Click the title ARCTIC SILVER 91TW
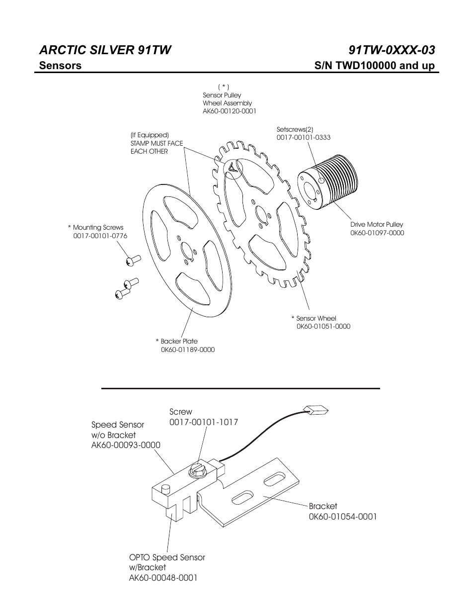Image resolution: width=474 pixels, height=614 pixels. (105, 50)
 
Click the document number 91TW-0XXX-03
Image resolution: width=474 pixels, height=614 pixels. (392, 50)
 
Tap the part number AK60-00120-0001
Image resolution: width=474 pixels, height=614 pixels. (230, 111)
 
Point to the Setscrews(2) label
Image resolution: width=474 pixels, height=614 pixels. (295, 129)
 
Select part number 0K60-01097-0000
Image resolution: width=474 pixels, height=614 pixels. (377, 233)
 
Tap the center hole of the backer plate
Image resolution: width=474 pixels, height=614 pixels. (187, 251)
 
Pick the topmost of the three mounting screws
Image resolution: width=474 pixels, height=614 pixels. (133, 259)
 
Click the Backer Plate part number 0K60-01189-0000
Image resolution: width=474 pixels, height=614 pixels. (188, 350)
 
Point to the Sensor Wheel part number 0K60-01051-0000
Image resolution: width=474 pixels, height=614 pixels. (323, 327)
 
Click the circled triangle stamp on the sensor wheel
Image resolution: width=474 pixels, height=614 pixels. (233, 169)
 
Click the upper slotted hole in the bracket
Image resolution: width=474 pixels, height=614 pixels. (274, 480)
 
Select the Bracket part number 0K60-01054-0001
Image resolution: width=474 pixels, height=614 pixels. (343, 517)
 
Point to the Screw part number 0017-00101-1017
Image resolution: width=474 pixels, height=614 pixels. (204, 422)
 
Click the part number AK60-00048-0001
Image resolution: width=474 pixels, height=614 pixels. (163, 578)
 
